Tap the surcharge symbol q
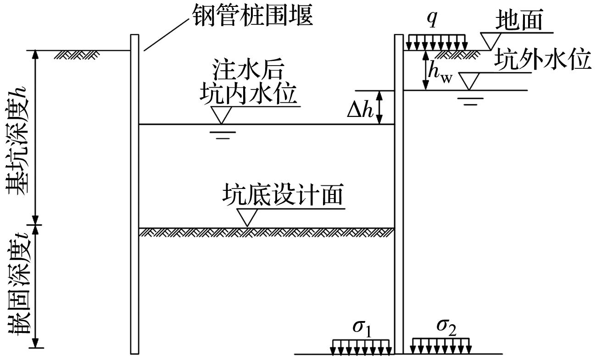[432, 21]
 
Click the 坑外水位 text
[543, 61]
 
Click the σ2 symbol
[446, 326]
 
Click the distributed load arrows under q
[435, 42]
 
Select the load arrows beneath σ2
[440, 346]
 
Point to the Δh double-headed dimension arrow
[380, 107]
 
